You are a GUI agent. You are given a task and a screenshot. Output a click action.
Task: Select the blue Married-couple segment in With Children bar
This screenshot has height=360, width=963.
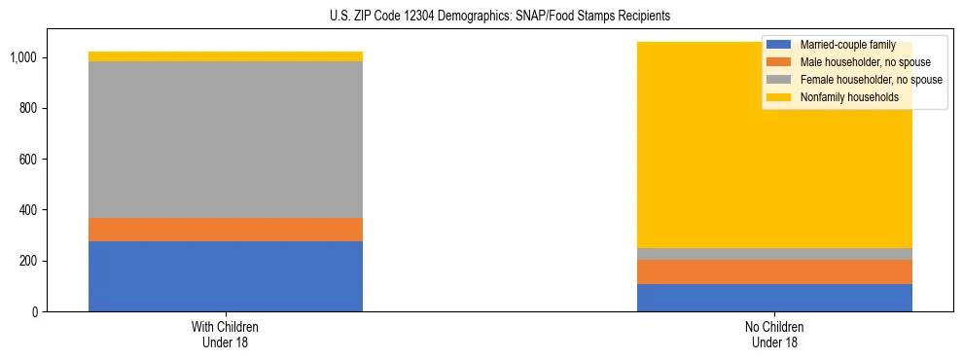[226, 276]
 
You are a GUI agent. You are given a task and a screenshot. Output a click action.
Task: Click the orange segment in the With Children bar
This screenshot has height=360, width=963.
[226, 230]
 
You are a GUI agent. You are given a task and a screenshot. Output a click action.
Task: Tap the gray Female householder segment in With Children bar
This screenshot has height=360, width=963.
[226, 139]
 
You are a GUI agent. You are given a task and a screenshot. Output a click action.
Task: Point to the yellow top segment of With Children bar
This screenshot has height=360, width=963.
[226, 56]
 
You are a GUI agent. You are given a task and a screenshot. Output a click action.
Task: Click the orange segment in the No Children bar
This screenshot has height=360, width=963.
[774, 271]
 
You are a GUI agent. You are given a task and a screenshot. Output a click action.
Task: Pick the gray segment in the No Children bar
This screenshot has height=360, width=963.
[774, 254]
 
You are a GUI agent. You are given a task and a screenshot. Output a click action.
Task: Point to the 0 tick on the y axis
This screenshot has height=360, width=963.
[36, 312]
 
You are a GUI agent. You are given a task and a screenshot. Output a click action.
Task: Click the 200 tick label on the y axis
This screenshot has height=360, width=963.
[30, 261]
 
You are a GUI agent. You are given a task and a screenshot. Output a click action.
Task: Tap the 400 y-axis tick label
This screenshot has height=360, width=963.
[30, 210]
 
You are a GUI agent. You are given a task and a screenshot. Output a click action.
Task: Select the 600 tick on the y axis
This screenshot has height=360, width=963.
[30, 160]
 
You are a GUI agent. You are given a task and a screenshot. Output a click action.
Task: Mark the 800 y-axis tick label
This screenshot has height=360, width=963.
[30, 109]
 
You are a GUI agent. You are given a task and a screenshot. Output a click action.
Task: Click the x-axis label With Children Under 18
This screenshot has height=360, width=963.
[226, 334]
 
